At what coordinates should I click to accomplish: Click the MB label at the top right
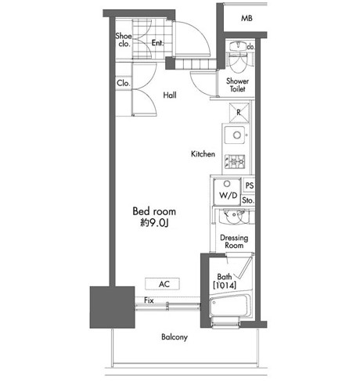(x=247, y=18)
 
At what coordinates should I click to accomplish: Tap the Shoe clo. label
(x=124, y=40)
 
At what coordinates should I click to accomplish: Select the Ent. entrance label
(x=157, y=42)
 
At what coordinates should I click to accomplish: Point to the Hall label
(x=170, y=95)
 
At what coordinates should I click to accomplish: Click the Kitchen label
(x=203, y=154)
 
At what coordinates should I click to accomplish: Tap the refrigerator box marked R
(x=239, y=113)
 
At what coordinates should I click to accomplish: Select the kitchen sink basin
(x=235, y=135)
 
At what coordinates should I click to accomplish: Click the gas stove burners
(x=235, y=162)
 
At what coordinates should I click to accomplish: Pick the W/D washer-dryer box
(x=227, y=192)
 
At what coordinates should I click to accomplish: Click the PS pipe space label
(x=250, y=185)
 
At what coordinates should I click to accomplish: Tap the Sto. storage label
(x=248, y=200)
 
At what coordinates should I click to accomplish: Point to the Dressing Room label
(x=234, y=242)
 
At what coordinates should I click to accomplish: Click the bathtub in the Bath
(x=230, y=307)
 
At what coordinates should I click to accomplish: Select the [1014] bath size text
(x=225, y=285)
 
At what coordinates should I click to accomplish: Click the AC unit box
(x=162, y=284)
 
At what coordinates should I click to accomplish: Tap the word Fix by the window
(x=149, y=300)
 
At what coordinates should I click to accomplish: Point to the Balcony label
(x=175, y=337)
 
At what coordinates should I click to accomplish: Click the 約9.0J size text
(x=154, y=223)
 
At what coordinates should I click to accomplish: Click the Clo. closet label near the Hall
(x=124, y=83)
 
